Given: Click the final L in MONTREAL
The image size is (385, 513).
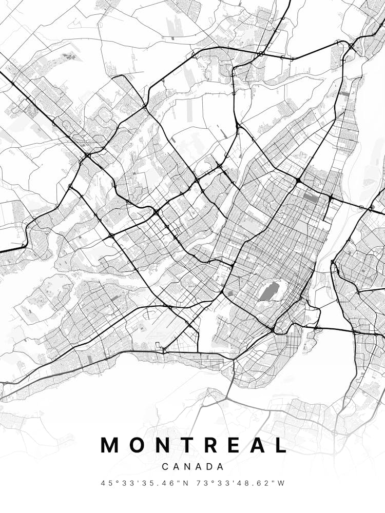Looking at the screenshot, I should tap(280, 445).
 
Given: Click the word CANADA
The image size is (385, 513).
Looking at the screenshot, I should tap(193, 467).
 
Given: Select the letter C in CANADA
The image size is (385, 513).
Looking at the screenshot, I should tap(165, 467).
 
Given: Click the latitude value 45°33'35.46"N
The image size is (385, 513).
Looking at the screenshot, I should tap(145, 483).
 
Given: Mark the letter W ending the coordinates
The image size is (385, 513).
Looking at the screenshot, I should tap(281, 483).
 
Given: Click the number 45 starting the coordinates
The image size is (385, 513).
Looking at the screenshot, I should tap(106, 483).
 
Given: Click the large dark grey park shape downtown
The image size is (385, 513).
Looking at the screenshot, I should tap(269, 291).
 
